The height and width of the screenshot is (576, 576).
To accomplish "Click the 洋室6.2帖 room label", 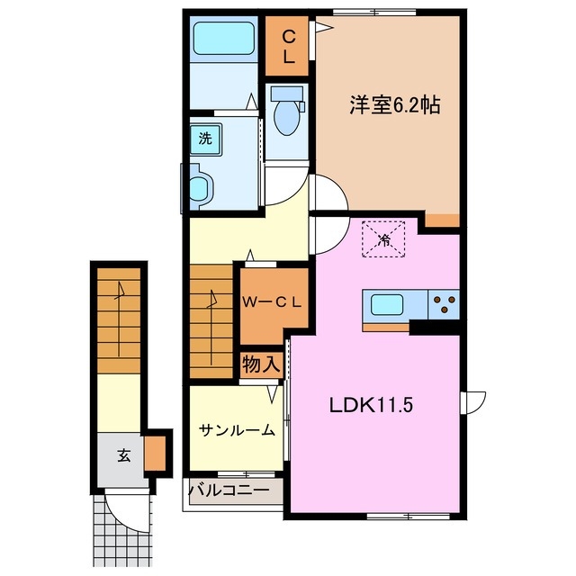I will click(394, 105).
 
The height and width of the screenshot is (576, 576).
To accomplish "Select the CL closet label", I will click(288, 46).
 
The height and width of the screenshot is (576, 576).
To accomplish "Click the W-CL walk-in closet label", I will click(271, 303).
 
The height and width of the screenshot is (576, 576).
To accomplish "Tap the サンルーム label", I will click(237, 430).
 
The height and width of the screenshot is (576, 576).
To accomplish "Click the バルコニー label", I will click(229, 491).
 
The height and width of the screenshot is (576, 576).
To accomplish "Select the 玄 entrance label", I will click(121, 454).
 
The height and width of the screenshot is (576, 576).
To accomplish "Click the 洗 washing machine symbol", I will click(205, 139).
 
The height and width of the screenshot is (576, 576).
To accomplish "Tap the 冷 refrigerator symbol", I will click(383, 239).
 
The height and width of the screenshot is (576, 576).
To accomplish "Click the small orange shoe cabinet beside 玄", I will click(156, 454).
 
